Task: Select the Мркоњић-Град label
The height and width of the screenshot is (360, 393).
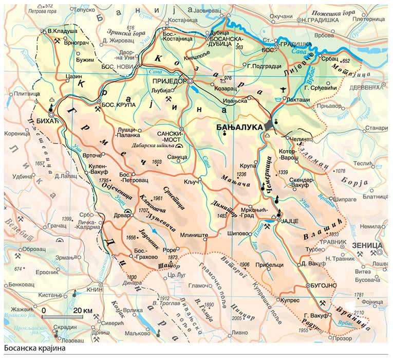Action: point(256,214)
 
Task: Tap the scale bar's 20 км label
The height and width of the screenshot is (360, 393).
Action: point(83,311)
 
